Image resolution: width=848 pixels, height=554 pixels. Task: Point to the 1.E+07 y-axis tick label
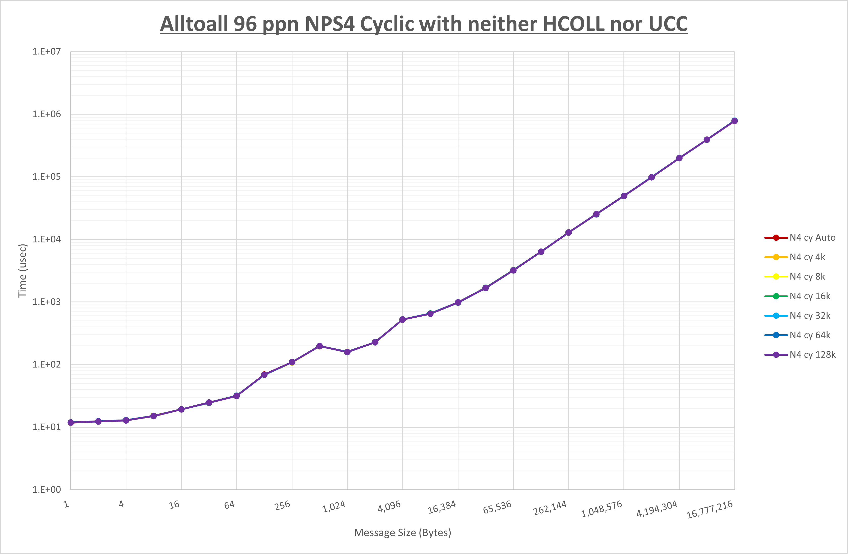click(47, 52)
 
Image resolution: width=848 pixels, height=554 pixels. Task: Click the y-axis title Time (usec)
click(22, 271)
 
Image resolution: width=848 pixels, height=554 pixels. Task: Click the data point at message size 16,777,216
click(734, 121)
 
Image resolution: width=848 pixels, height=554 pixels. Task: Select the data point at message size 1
click(71, 423)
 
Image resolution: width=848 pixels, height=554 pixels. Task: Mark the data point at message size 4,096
click(403, 320)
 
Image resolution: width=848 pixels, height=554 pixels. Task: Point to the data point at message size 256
click(292, 362)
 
